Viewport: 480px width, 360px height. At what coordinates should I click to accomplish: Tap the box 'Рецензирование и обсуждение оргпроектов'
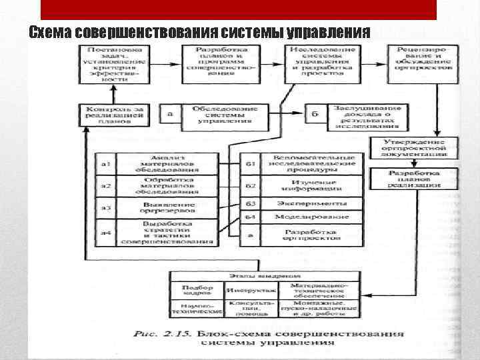click(423, 58)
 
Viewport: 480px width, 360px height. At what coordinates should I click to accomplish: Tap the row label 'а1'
click(105, 163)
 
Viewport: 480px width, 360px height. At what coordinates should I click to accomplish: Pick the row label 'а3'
click(105, 207)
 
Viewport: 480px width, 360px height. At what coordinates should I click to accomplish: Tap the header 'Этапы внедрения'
click(266, 275)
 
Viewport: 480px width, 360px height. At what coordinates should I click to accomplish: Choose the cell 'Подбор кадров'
click(197, 290)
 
